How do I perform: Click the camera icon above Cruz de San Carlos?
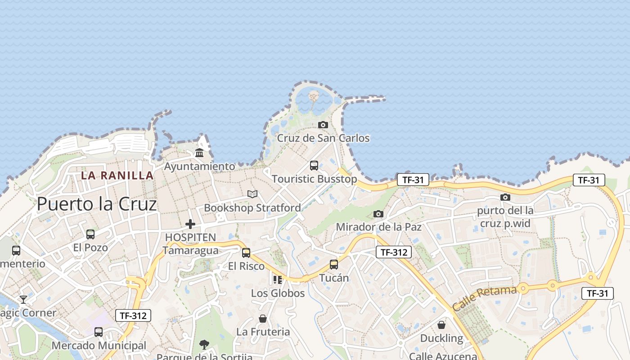(323, 125)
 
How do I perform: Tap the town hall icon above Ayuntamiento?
(199, 153)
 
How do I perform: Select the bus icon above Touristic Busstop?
(314, 165)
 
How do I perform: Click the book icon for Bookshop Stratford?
(252, 194)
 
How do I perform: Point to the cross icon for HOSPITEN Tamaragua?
(190, 224)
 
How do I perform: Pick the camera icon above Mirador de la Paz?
(378, 214)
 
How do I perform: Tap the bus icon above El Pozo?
(90, 234)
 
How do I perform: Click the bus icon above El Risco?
(246, 252)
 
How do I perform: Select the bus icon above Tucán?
(333, 264)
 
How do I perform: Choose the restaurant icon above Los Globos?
(278, 280)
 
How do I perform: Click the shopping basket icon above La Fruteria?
(263, 319)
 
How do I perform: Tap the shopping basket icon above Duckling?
(441, 324)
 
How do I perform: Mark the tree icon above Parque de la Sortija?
(204, 345)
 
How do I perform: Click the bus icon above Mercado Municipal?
(99, 332)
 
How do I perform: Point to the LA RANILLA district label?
(117, 175)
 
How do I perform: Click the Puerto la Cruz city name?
(97, 204)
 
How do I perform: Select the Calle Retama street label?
(484, 298)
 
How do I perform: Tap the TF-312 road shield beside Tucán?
(394, 252)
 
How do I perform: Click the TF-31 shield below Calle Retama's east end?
(598, 293)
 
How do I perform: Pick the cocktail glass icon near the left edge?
(23, 299)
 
